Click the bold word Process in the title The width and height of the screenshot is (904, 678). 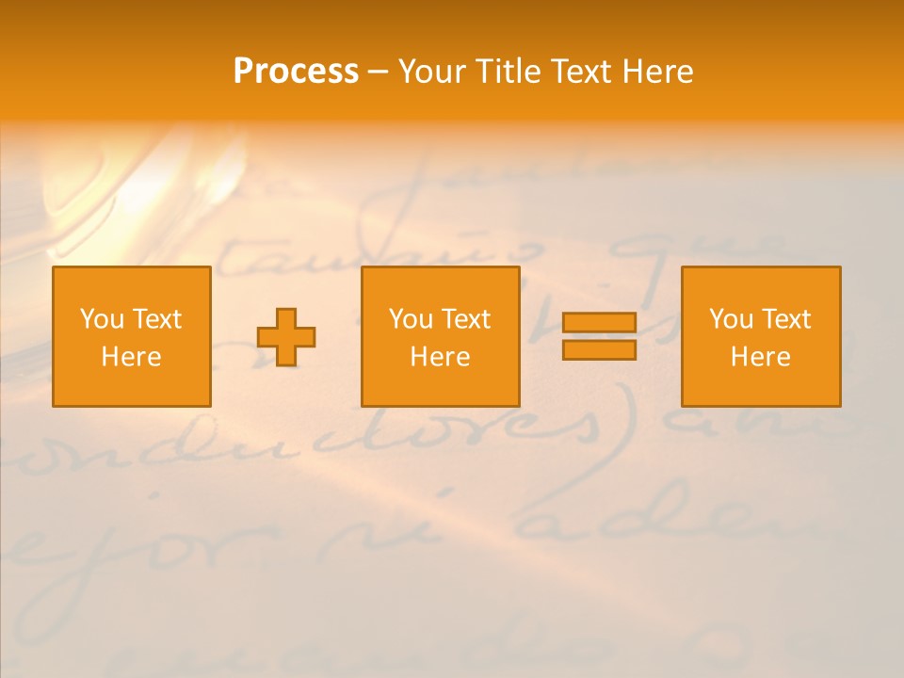click(x=296, y=72)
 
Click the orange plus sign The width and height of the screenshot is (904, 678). click(x=286, y=337)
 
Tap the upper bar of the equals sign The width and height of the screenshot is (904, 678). click(x=599, y=323)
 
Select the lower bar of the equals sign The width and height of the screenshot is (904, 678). click(x=599, y=350)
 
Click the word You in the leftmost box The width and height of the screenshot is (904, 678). click(x=102, y=319)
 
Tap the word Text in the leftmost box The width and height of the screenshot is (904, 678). click(x=155, y=319)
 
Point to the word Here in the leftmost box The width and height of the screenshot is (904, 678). click(x=131, y=357)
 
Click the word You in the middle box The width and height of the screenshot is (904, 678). click(x=411, y=319)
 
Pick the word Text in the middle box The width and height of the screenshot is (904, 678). click(x=464, y=319)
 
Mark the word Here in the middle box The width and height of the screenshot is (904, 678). click(x=440, y=357)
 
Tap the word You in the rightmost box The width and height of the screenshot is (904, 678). click(x=731, y=319)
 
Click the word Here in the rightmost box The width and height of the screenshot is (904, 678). click(x=760, y=357)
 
